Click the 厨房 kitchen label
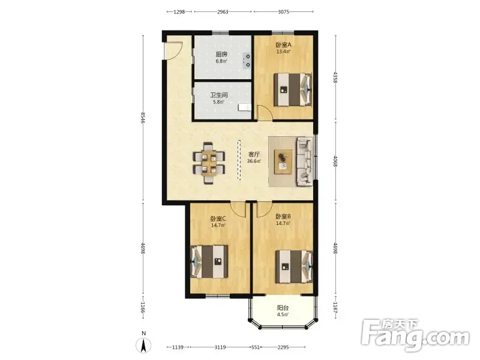coord(221,55)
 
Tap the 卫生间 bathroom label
coord(219,95)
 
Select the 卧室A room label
coord(283,44)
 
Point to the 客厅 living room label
coord(254,154)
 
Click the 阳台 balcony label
coord(283,308)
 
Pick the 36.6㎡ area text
coord(254,161)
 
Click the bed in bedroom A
coord(293,89)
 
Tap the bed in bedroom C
coord(209,262)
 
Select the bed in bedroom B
coord(294,266)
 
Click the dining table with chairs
coord(209,163)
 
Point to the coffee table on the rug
coord(283,161)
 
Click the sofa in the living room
coord(304,161)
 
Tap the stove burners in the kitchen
coord(247,61)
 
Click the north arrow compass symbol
coord(143,346)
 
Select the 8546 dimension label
coord(143,118)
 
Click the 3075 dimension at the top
coord(283,12)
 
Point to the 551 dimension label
coord(256,347)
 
